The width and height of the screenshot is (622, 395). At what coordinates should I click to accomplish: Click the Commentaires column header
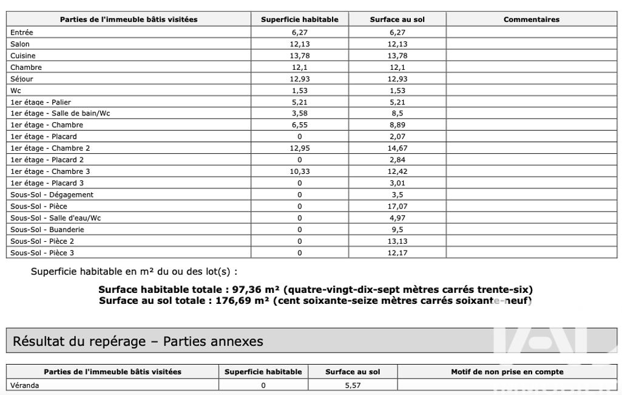[531, 19]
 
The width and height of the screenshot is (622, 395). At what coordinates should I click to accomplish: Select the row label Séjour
[22, 79]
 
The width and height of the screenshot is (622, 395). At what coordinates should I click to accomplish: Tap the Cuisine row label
[23, 56]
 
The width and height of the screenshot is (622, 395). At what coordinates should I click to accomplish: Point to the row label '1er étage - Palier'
[41, 102]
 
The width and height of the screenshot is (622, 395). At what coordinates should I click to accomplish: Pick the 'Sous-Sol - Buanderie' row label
[47, 230]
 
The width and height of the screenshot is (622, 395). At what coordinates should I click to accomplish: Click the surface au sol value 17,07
[397, 207]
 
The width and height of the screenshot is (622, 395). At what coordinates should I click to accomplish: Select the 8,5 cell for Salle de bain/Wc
[397, 114]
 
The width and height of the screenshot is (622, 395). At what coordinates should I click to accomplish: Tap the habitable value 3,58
[299, 114]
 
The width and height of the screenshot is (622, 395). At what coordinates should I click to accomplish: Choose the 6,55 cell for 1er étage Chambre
[299, 125]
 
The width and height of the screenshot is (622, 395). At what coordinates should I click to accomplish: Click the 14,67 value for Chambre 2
[397, 148]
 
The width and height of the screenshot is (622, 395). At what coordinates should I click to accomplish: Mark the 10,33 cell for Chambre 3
[299, 172]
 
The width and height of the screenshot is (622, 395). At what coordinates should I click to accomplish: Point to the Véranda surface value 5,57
[353, 385]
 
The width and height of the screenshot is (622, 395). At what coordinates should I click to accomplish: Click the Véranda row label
[25, 385]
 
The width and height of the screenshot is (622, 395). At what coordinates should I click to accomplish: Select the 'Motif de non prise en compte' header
[507, 372]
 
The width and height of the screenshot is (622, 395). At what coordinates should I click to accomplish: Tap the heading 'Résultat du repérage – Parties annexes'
[138, 342]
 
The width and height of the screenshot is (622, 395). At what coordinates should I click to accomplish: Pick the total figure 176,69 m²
[243, 300]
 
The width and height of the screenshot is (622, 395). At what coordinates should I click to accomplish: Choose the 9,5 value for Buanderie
[397, 230]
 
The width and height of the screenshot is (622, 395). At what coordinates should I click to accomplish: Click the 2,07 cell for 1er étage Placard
[397, 137]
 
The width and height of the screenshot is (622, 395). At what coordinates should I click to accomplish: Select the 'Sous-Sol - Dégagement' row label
[52, 195]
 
